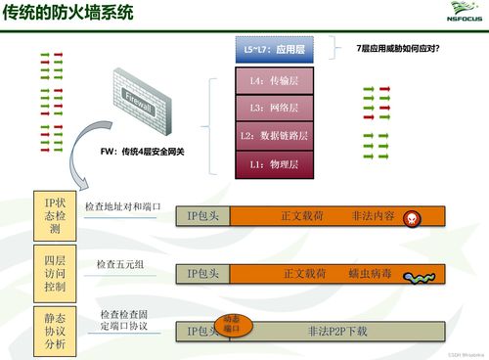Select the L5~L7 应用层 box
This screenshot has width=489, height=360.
[277, 48]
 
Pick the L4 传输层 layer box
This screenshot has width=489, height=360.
[277, 80]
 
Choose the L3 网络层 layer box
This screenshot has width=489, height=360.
[277, 108]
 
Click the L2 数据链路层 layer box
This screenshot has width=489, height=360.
[277, 135]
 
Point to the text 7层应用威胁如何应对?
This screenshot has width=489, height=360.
[397, 47]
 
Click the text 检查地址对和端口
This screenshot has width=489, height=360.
[122, 207]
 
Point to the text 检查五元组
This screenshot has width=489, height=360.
[120, 265]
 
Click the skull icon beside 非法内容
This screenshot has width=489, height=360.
[413, 219]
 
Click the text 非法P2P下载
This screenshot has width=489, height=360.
[336, 332]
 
